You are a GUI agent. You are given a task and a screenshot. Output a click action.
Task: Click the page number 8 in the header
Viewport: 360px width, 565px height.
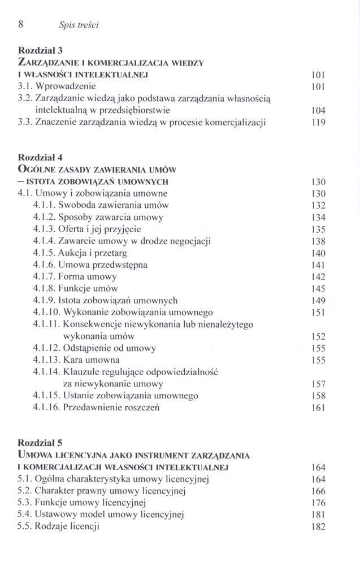pyautogui.click(x=20, y=24)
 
